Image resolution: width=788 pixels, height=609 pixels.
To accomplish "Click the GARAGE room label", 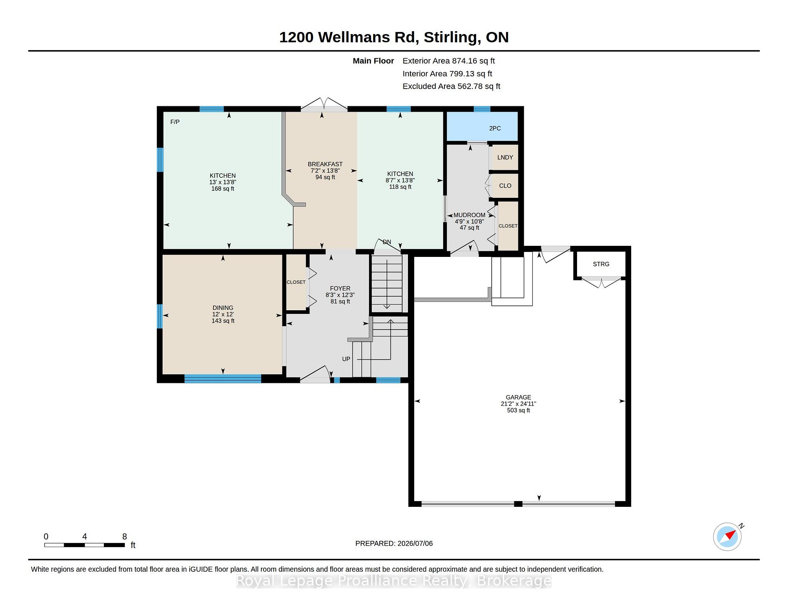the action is (518, 397).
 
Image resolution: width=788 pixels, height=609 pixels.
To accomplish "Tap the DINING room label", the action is (223, 308).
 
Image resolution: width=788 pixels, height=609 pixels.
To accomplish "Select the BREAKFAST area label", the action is (325, 164).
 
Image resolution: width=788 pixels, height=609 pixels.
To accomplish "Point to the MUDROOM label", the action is (470, 215).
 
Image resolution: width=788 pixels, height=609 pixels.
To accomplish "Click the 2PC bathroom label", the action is (495, 128).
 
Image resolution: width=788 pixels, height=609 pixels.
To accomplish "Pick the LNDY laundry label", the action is (505, 158).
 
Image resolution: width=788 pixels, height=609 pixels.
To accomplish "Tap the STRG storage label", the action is (601, 264).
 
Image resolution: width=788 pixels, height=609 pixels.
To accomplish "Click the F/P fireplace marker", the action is (175, 122).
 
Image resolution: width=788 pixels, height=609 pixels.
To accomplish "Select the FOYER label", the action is (340, 288).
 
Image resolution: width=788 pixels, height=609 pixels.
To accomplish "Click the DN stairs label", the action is (387, 242).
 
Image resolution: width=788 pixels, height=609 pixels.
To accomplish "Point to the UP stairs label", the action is (346, 359).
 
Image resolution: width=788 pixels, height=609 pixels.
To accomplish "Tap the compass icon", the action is (728, 536).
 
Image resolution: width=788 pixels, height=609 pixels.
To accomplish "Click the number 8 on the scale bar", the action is (125, 536).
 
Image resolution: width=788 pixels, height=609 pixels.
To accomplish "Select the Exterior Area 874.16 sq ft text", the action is (449, 61).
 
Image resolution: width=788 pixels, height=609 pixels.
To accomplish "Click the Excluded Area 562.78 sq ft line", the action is (451, 86).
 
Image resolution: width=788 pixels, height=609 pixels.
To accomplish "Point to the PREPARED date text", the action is (394, 543).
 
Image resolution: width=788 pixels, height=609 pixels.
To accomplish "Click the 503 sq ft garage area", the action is (518, 410).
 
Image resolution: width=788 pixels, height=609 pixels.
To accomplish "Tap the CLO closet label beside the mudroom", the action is (505, 186).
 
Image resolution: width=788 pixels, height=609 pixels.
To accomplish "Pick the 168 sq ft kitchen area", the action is (223, 189).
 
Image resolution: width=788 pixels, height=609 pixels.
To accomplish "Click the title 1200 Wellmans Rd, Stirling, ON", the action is (394, 37).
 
